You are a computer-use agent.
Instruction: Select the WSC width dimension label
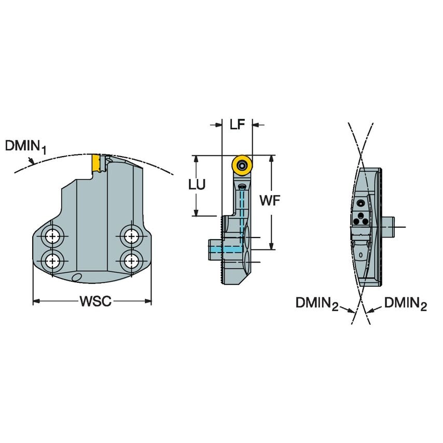pos(95,301)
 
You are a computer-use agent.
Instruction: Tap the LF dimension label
pos(238,124)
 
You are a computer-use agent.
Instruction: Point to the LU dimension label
pos(197,185)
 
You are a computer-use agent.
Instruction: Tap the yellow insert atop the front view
pos(96,164)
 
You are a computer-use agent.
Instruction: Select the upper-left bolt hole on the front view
pos(52,237)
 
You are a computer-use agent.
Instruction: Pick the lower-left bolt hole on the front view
pos(52,259)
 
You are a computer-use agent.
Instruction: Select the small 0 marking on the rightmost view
pos(361,256)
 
